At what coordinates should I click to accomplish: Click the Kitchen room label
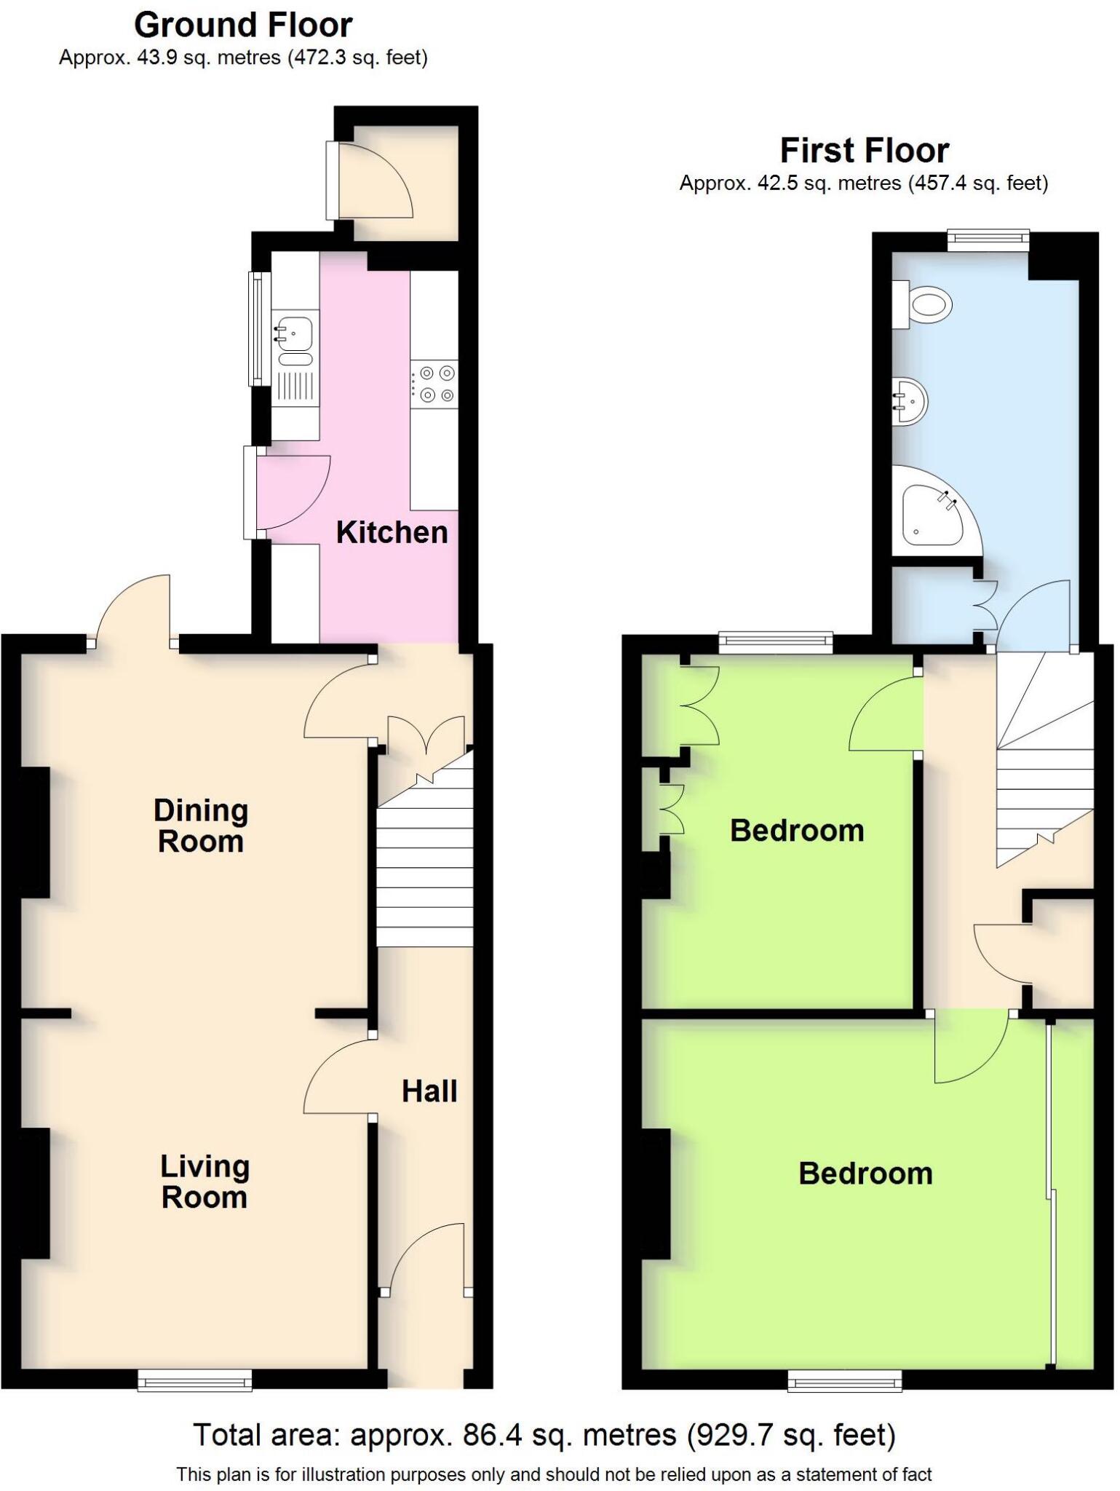(392, 533)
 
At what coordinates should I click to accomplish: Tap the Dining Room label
(201, 826)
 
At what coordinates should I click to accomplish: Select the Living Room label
(204, 1182)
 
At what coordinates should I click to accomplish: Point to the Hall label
(429, 1091)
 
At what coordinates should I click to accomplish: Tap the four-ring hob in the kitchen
(434, 384)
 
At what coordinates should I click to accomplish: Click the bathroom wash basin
(910, 400)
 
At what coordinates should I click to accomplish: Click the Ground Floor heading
(243, 25)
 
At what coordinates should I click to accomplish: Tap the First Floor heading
(864, 151)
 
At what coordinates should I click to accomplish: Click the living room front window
(195, 1380)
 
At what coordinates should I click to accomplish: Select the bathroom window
(988, 240)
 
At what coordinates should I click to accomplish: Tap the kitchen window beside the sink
(257, 328)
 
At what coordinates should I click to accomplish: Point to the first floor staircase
(1044, 757)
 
